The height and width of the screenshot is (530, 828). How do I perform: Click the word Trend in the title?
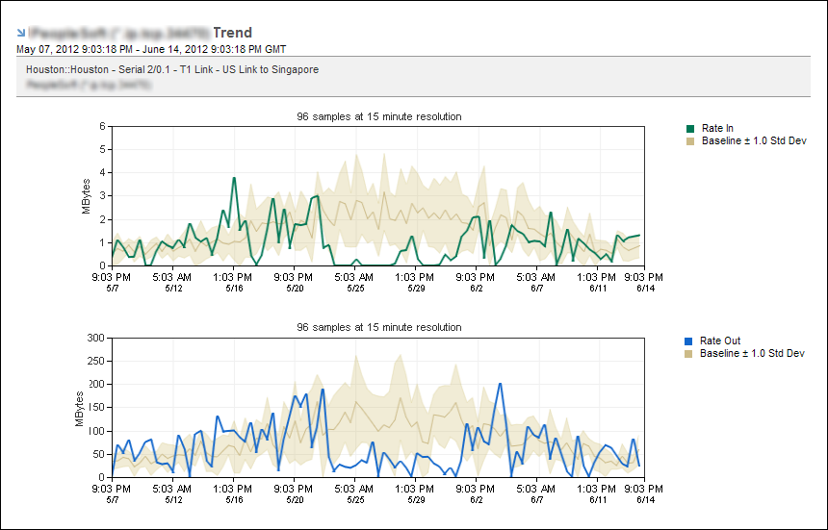232,33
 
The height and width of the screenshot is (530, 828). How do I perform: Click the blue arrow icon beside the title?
21,33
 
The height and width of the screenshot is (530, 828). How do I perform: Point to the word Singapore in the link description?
295,69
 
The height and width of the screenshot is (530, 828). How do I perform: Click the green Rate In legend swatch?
689,128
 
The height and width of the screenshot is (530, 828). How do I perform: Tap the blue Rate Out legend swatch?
689,341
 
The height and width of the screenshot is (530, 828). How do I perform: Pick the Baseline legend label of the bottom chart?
752,353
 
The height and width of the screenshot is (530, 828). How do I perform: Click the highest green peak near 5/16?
234,178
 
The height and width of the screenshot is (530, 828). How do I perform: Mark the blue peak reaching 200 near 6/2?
500,384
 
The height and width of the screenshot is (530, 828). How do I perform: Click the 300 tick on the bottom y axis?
96,338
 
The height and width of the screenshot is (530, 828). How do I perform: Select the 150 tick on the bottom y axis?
96,407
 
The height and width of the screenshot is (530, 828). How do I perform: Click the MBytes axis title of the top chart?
85,196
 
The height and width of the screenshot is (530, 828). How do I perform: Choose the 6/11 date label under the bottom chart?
597,499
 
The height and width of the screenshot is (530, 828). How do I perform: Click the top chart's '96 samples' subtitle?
379,116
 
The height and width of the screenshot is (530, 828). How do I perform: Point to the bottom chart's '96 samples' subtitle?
379,327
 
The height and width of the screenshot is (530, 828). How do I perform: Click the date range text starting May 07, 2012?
151,48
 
